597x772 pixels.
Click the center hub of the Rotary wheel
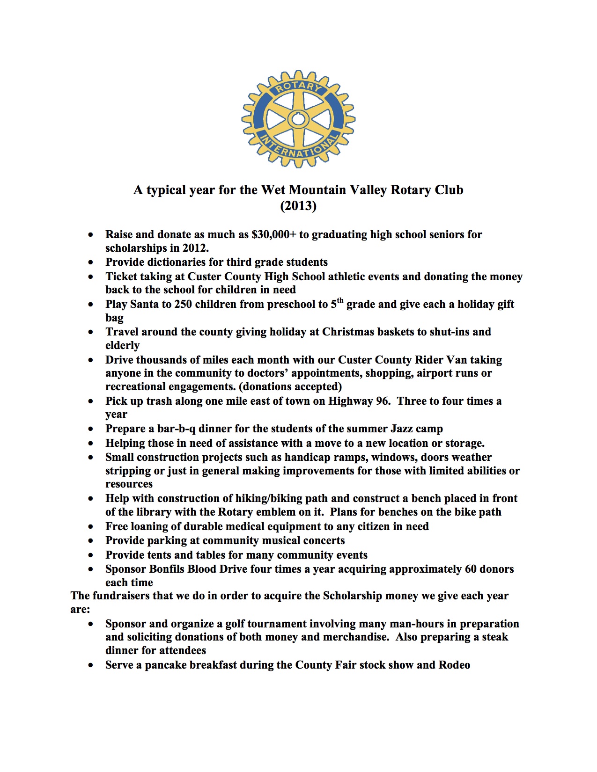(298, 119)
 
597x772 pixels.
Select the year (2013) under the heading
(298, 206)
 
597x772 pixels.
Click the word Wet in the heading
(273, 190)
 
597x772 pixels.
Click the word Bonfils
(167, 569)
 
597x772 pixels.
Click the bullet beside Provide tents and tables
(90, 555)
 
